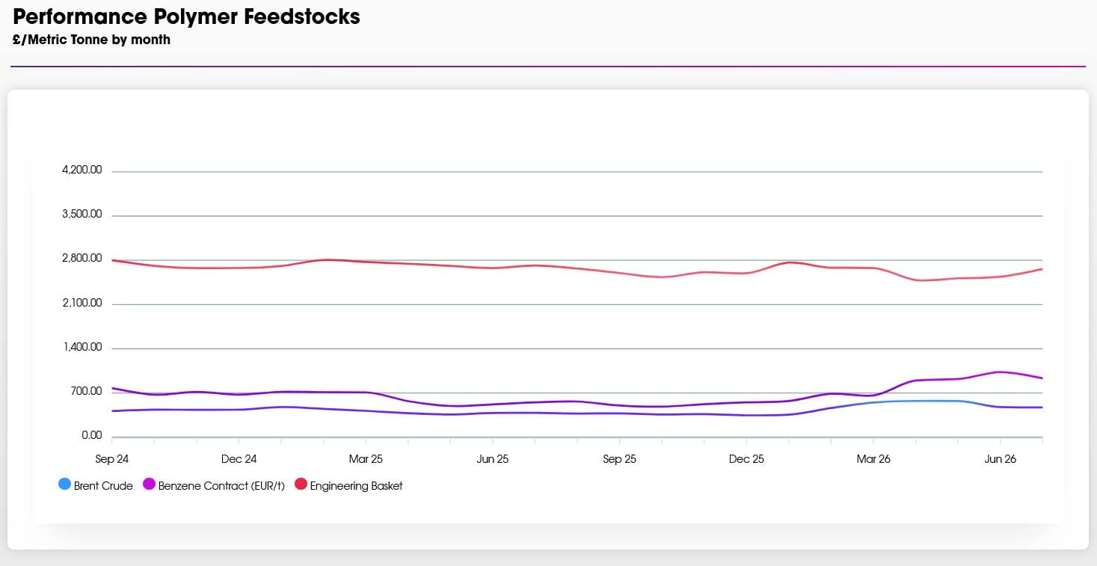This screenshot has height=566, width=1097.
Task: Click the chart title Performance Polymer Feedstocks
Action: (186, 16)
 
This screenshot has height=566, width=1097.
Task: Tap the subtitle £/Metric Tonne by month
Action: (91, 40)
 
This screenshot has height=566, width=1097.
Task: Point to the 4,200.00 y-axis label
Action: (82, 170)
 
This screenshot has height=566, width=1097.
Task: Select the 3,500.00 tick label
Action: (82, 214)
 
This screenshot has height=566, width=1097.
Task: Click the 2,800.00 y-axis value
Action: (82, 258)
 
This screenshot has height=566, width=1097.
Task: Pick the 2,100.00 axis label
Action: (82, 303)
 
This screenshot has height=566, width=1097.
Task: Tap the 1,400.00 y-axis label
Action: (82, 347)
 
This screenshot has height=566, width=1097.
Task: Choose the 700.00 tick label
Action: (86, 391)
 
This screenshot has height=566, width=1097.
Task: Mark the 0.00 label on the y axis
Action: (91, 435)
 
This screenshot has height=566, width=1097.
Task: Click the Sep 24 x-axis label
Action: (111, 459)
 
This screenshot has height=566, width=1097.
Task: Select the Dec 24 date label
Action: (239, 459)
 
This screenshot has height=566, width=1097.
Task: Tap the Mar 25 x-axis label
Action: (366, 459)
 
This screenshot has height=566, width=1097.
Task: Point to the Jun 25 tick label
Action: (492, 459)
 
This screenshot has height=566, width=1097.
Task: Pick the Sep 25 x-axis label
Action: (619, 459)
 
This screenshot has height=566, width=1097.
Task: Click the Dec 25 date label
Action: (746, 459)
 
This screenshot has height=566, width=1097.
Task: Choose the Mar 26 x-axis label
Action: (873, 459)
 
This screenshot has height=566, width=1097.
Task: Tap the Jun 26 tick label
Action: (1000, 459)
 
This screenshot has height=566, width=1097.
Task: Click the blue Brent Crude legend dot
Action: (64, 485)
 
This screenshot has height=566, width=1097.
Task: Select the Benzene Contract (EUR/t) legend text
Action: (221, 486)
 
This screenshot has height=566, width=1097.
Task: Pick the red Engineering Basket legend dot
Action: (301, 485)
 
